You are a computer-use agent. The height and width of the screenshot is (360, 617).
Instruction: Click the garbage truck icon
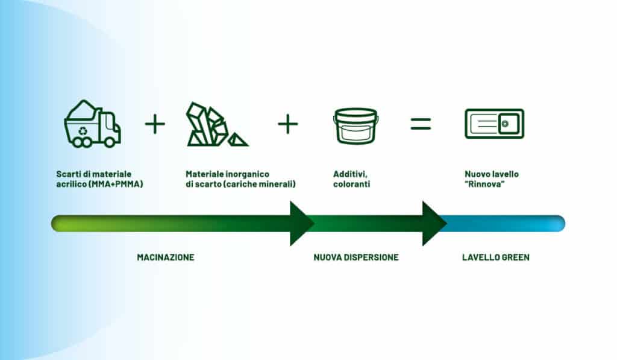[x=92, y=124]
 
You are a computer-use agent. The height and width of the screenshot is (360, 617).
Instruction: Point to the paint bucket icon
[x=355, y=125]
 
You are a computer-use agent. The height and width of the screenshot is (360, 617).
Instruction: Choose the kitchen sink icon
[x=494, y=124]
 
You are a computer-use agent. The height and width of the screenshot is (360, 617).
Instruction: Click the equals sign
[x=421, y=124]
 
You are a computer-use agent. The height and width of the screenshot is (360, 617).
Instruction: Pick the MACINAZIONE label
[x=166, y=257]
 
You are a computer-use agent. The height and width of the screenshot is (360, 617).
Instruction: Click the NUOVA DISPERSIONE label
[x=356, y=257]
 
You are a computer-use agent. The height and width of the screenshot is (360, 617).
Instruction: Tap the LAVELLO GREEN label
[x=496, y=257]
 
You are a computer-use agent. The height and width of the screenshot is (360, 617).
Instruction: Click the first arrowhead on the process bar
[x=301, y=223]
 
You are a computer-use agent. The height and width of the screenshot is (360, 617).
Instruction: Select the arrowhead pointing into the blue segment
[x=433, y=223]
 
